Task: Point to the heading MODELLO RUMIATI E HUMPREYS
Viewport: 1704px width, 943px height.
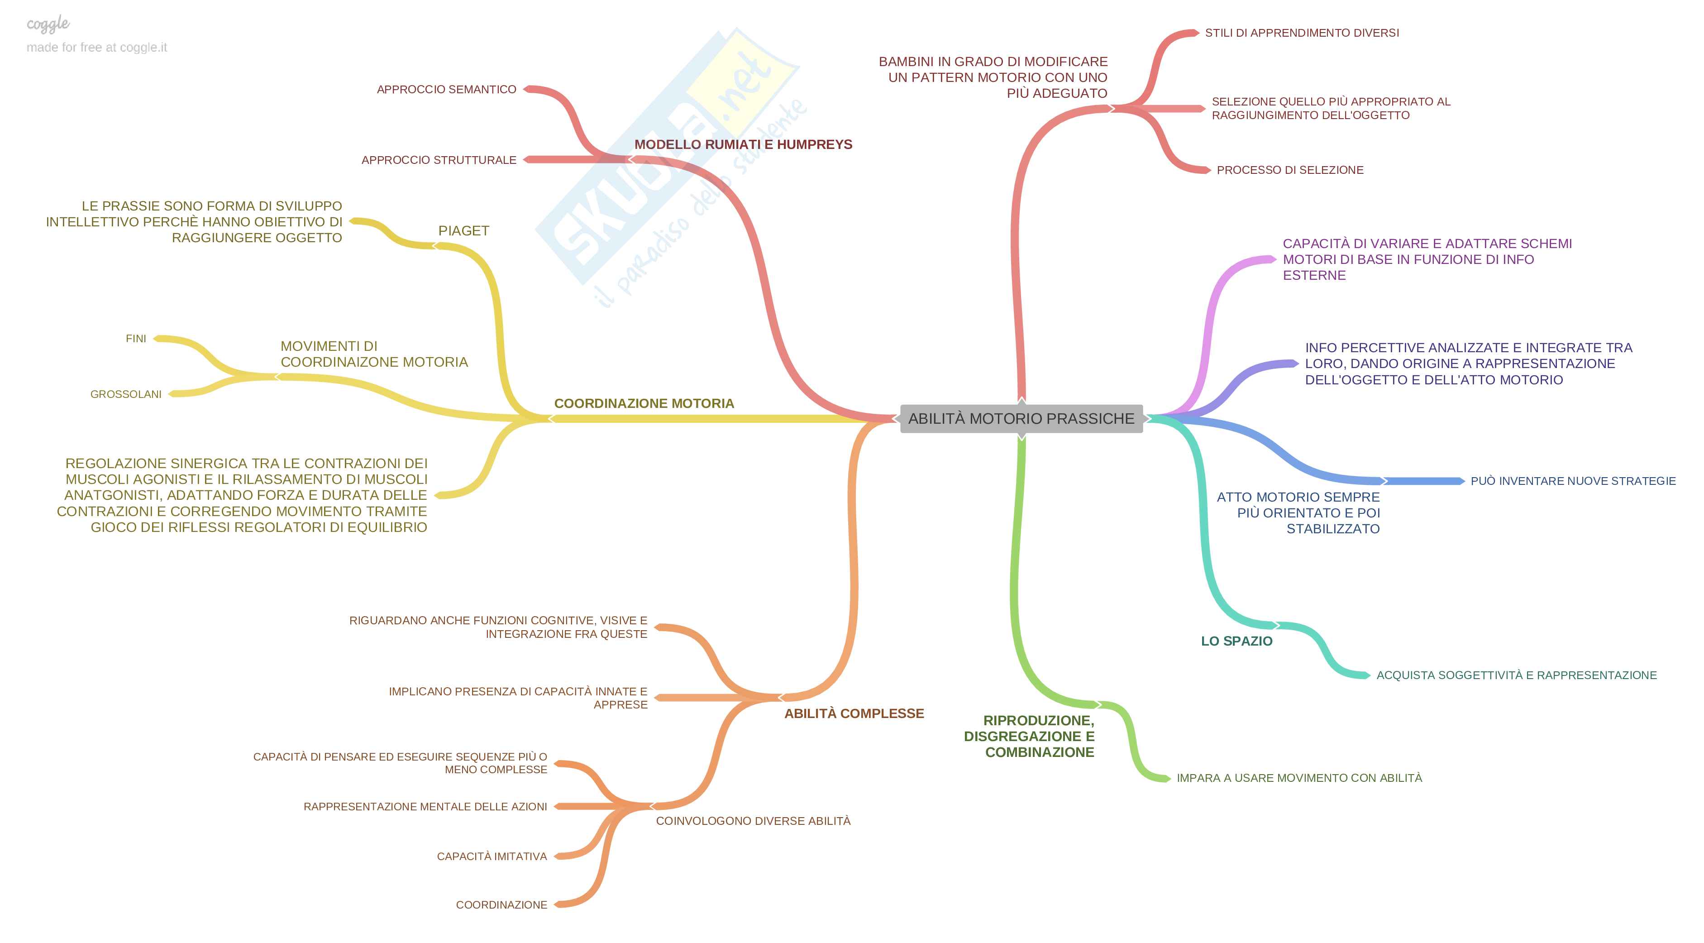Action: (x=743, y=144)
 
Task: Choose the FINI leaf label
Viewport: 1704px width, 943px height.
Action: (x=136, y=339)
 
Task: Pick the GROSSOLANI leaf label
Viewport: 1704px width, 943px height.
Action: (x=126, y=394)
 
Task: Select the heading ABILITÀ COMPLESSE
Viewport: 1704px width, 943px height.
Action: (x=853, y=713)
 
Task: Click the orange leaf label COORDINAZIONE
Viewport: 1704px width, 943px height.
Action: (x=501, y=905)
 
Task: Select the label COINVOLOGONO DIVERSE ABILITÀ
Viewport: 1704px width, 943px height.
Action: (x=753, y=821)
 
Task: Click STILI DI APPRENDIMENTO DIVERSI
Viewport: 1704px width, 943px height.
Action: (x=1301, y=33)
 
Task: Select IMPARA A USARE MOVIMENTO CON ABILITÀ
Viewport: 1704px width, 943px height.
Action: (x=1298, y=778)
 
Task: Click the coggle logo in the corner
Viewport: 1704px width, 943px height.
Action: (x=48, y=24)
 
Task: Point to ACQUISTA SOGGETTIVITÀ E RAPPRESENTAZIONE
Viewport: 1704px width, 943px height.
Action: (x=1516, y=675)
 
